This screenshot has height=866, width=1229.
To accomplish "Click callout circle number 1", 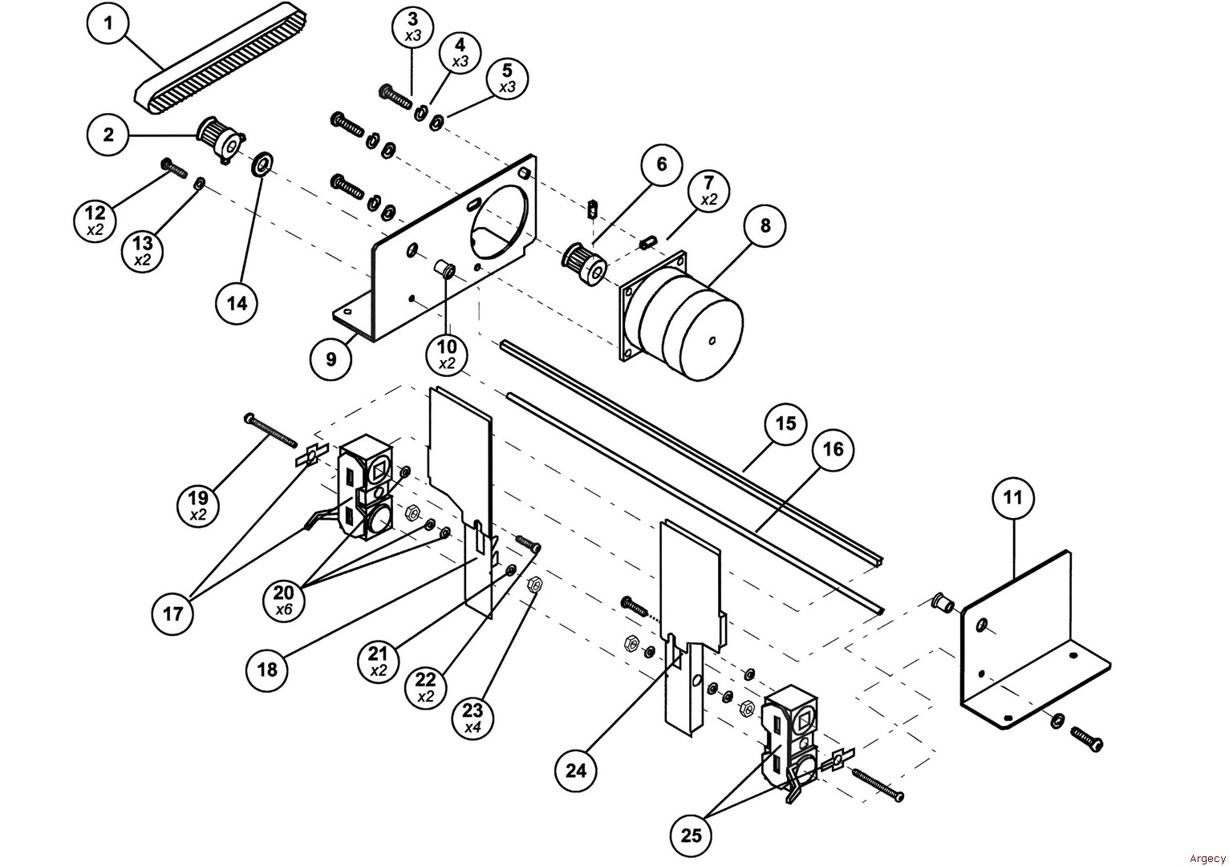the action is (x=108, y=23).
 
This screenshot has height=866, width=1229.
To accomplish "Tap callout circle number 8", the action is (x=765, y=225).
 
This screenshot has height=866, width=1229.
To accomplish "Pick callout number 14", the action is (x=237, y=303).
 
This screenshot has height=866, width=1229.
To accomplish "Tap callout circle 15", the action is (x=785, y=423).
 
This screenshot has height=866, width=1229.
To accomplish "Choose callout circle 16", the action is (x=833, y=450).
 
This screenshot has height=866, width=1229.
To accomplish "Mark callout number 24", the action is (x=576, y=771).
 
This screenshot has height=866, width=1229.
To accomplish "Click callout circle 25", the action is (x=691, y=836).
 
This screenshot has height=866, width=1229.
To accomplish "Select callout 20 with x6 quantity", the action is (x=284, y=600).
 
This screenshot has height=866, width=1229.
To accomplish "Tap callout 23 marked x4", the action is (x=472, y=718).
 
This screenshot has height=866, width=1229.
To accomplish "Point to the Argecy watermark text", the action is (x=1207, y=858).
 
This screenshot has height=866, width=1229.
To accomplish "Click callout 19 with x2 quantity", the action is (x=198, y=505).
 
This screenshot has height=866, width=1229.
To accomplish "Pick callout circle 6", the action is (x=662, y=164).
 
